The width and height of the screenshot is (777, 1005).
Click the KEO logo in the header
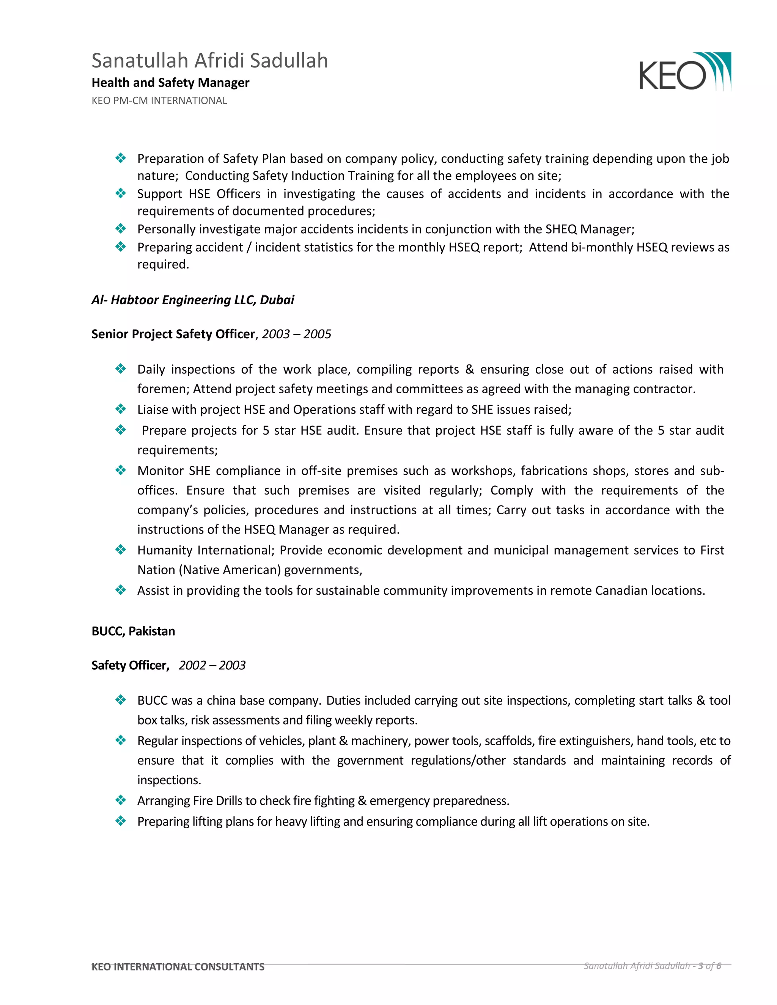coord(684,72)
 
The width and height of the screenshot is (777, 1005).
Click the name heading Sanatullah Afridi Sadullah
coord(209,61)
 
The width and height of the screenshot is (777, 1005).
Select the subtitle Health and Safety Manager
coord(170,83)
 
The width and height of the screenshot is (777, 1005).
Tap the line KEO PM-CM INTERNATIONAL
coord(159,101)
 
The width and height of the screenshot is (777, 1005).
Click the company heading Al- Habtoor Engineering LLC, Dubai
coord(192,300)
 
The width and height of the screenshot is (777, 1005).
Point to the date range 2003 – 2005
coord(296,334)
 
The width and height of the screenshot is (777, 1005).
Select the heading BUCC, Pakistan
coord(133,631)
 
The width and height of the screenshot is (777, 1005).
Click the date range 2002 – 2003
coord(212,666)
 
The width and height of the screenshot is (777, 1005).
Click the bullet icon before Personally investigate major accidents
coord(121,229)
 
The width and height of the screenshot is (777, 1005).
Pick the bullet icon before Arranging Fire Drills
coord(121,801)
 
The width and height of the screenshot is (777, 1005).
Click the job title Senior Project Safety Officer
coord(173,334)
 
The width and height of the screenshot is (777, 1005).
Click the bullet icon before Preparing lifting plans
coord(121,821)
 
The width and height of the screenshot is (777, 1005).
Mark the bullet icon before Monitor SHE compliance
coord(121,470)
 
